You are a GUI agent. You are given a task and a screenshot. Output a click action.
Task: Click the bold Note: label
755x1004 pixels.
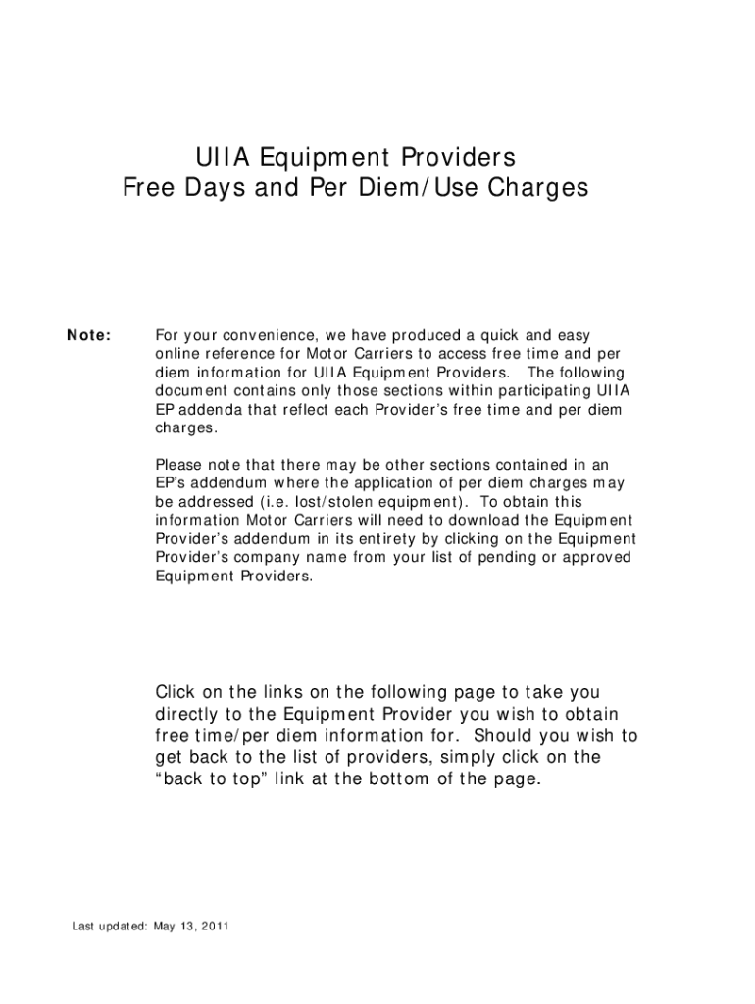(x=89, y=336)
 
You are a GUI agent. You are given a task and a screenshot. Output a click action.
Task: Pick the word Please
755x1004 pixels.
(x=178, y=464)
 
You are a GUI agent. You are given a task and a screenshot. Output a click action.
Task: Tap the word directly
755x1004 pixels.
(x=192, y=715)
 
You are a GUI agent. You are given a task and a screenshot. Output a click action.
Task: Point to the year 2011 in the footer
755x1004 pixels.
(x=216, y=927)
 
